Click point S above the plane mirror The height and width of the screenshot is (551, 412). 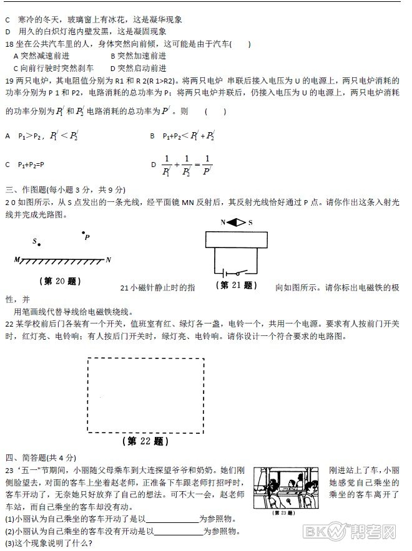coord(39,244)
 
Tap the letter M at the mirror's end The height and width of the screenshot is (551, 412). coord(17,259)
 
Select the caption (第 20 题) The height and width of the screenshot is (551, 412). coord(61,281)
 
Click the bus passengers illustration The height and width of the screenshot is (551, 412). coord(288,489)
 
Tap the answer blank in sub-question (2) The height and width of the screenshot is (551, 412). coord(178,532)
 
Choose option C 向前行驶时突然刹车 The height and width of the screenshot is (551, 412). coord(53,68)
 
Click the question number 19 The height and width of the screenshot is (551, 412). coord(9,80)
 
